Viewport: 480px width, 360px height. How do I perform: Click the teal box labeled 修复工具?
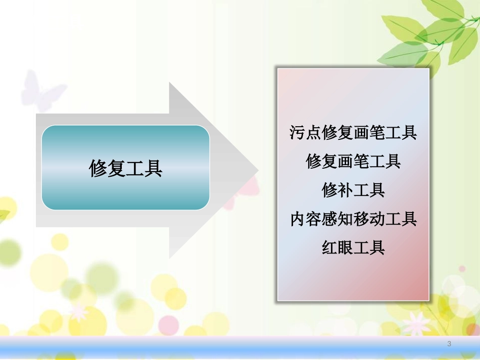pos(125,168)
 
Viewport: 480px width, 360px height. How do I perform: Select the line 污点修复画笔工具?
pos(353,133)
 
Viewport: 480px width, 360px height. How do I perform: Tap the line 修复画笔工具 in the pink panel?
pos(353,162)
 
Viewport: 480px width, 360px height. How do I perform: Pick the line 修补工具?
pos(353,190)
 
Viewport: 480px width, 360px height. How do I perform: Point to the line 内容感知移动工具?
pos(353,219)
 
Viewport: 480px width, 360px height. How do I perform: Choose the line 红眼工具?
pos(353,248)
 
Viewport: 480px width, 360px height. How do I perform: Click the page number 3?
pos(449,344)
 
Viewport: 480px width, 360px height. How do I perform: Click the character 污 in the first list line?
pos(298,133)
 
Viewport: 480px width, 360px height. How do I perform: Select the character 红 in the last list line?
pos(329,248)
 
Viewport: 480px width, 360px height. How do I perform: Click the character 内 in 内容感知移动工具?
pos(298,219)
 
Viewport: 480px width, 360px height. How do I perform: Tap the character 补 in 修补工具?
pos(346,190)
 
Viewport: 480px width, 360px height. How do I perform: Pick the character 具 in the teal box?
pos(154,168)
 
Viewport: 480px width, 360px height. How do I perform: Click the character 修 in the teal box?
pos(98,168)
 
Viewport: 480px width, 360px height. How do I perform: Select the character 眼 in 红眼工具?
pos(346,248)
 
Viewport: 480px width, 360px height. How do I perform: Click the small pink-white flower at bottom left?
pos(78,311)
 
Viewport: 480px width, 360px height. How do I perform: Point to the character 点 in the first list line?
pos(314,133)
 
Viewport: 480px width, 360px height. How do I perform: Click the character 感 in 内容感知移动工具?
pos(329,219)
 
